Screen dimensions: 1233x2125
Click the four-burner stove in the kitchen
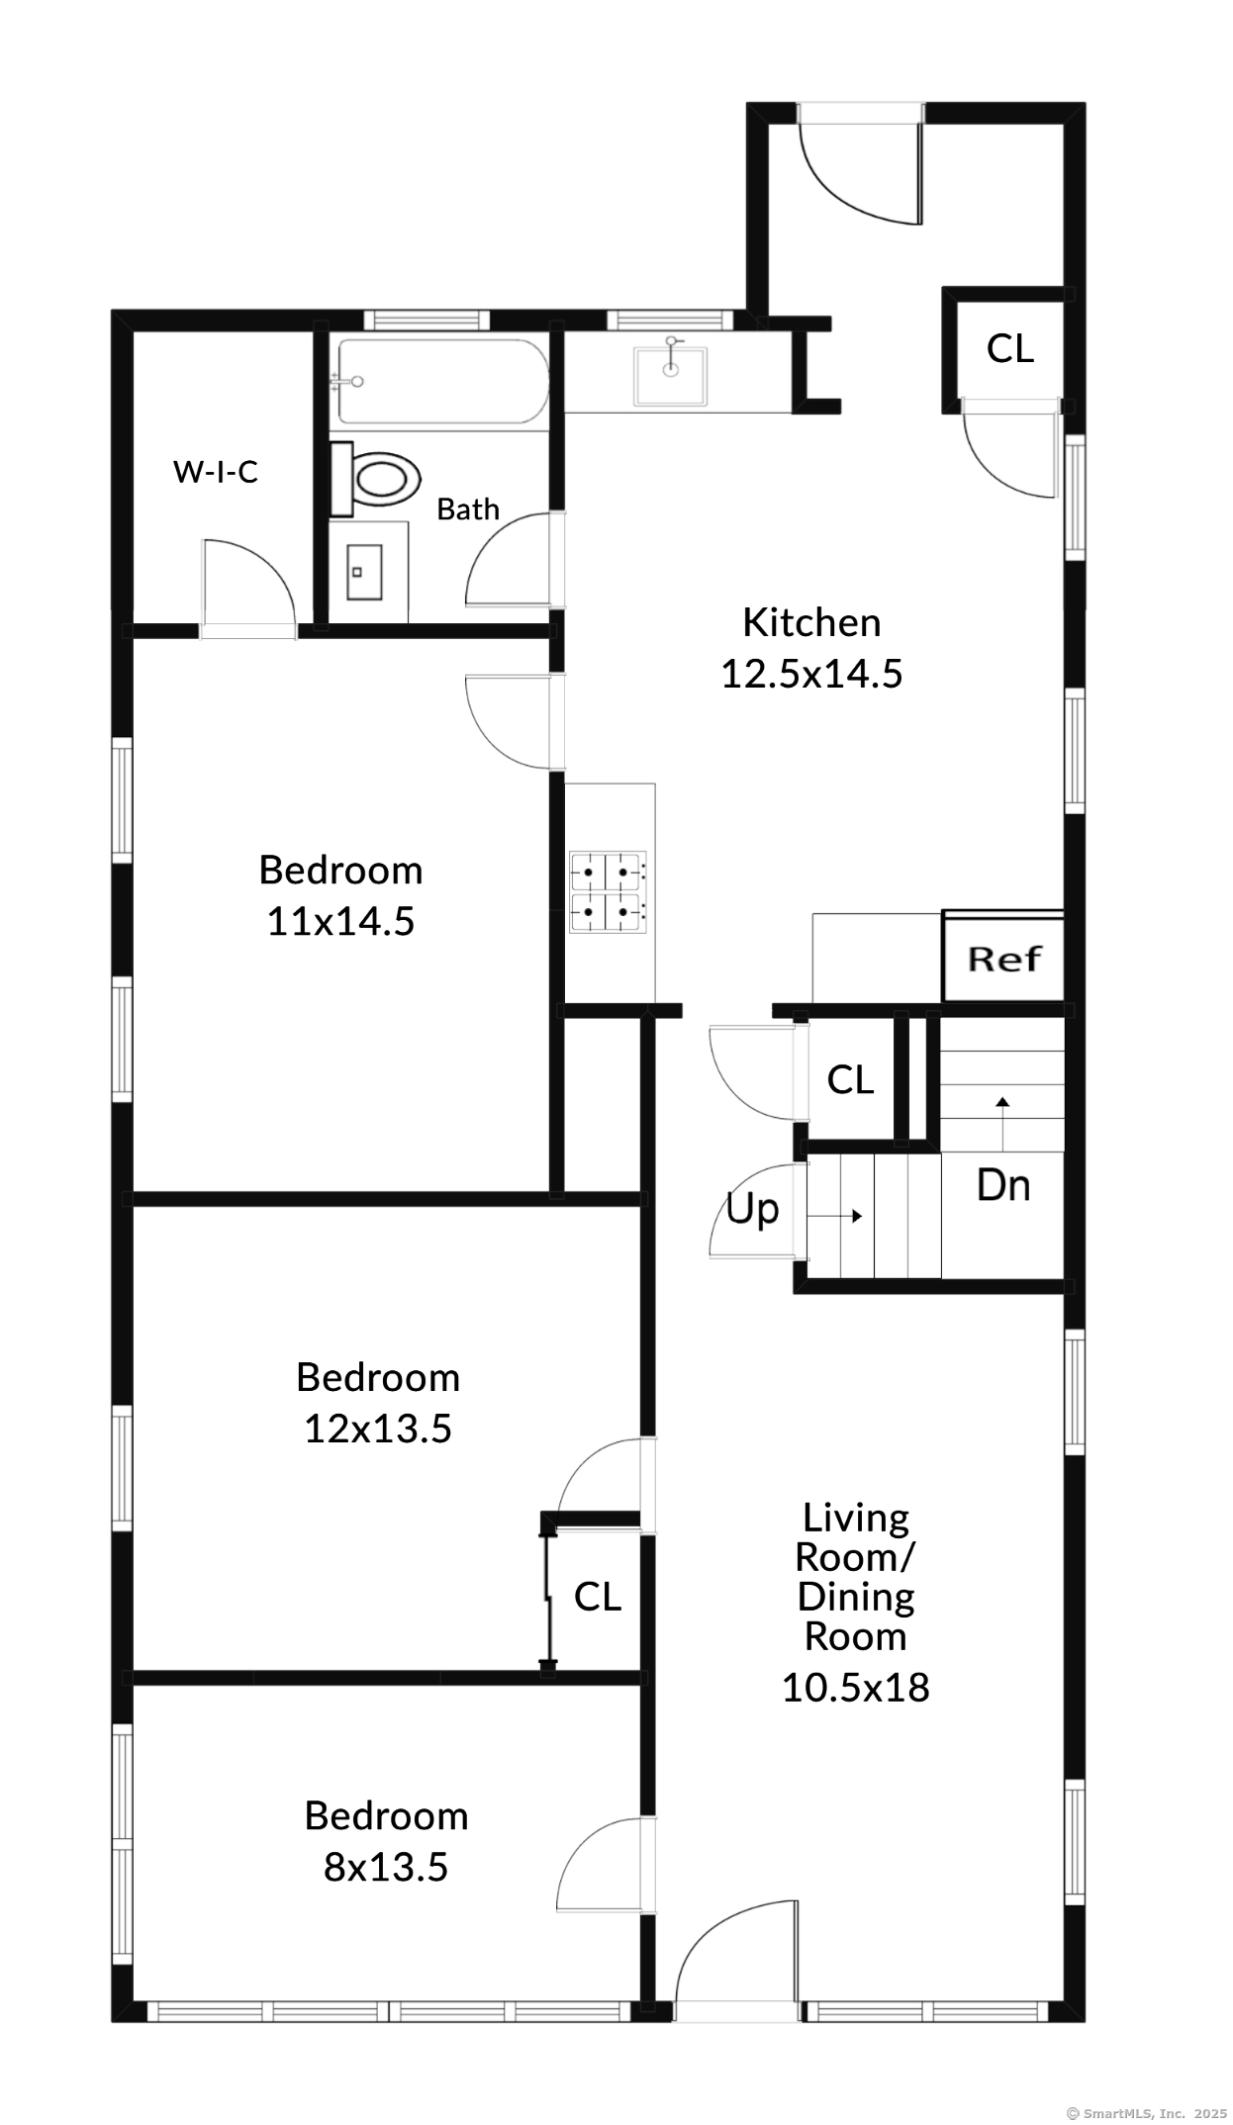coord(608,892)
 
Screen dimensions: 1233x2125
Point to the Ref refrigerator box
coord(1003,959)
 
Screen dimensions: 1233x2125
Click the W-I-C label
coord(216,472)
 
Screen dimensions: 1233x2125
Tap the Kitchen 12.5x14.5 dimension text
coord(811,648)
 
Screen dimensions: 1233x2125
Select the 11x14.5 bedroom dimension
coord(340,922)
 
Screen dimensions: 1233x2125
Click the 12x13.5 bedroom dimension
coord(378,1429)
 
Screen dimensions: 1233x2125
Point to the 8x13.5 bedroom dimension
coord(386,1868)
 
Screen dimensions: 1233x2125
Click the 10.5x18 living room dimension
coord(856,1688)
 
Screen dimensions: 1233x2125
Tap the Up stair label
coord(752,1210)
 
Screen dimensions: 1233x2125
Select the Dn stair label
coord(1003,1185)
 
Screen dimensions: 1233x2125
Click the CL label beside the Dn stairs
coord(850,1080)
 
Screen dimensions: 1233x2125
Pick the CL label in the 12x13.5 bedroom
coord(598,1597)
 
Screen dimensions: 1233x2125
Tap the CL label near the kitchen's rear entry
coord(1010,348)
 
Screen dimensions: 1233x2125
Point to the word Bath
coord(468,509)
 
